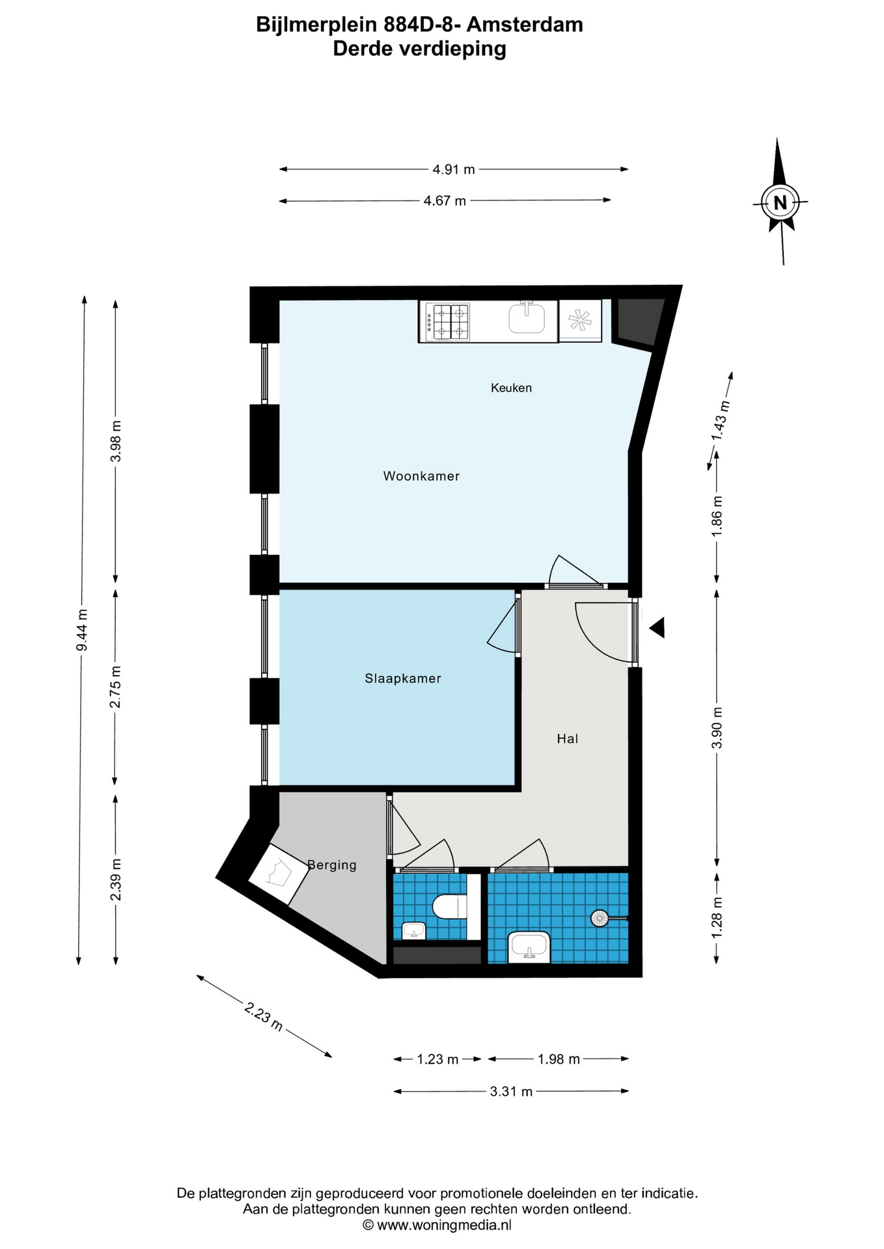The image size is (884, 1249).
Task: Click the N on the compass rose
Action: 780,203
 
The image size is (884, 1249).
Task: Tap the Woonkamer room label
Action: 421,476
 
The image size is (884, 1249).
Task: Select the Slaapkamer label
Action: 403,678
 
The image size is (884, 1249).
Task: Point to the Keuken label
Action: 511,388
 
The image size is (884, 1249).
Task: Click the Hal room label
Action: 567,738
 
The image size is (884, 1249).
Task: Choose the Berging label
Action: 332,865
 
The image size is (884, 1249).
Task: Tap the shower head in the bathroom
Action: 600,918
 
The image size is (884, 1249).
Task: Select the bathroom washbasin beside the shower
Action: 529,947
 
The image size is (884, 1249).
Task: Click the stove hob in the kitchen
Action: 447,322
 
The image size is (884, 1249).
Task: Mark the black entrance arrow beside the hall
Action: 657,628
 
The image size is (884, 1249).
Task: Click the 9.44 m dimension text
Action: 81,630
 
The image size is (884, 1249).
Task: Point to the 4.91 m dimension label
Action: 454,170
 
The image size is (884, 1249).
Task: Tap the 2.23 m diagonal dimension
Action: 264,1016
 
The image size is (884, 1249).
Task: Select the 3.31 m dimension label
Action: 511,1092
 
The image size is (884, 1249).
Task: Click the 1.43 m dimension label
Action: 721,420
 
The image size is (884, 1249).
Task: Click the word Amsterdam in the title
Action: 525,25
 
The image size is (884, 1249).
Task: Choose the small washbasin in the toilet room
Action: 413,931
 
